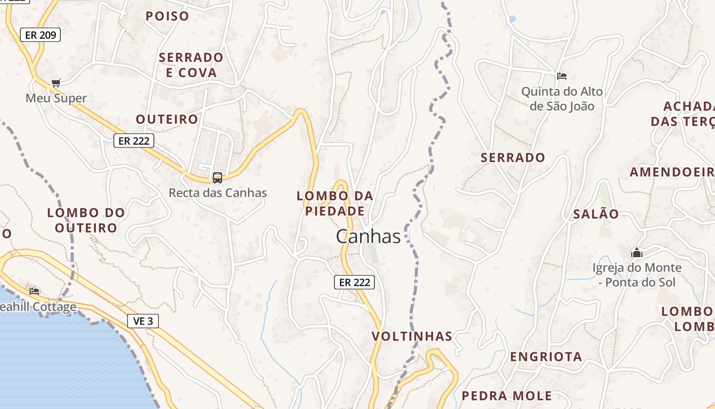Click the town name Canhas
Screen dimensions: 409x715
[x=368, y=236]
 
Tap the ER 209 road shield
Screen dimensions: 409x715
[x=40, y=35]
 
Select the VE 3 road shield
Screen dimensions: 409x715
[x=143, y=321]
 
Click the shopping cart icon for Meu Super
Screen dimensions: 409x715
[x=56, y=83]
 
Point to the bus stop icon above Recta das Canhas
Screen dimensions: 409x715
[x=218, y=178]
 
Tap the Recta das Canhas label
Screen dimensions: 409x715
[x=218, y=193]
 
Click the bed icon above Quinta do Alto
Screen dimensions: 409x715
[x=562, y=76]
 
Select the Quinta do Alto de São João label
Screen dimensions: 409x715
[x=562, y=99]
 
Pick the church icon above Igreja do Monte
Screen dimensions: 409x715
[x=636, y=253]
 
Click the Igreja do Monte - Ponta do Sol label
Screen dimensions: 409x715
[x=636, y=275]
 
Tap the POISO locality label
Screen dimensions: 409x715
[x=168, y=16]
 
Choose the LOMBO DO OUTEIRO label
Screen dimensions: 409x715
[x=86, y=220]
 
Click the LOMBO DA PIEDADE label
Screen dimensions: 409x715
[x=335, y=203]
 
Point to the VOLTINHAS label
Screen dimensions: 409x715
[x=412, y=336]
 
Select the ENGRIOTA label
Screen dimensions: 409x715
[x=546, y=356]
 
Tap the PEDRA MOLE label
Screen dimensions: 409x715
[x=507, y=395]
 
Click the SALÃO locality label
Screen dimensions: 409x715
[x=595, y=214]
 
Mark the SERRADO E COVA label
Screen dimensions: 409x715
[x=191, y=65]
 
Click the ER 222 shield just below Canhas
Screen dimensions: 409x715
[x=354, y=282]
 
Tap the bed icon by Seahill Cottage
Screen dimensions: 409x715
[x=34, y=291]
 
